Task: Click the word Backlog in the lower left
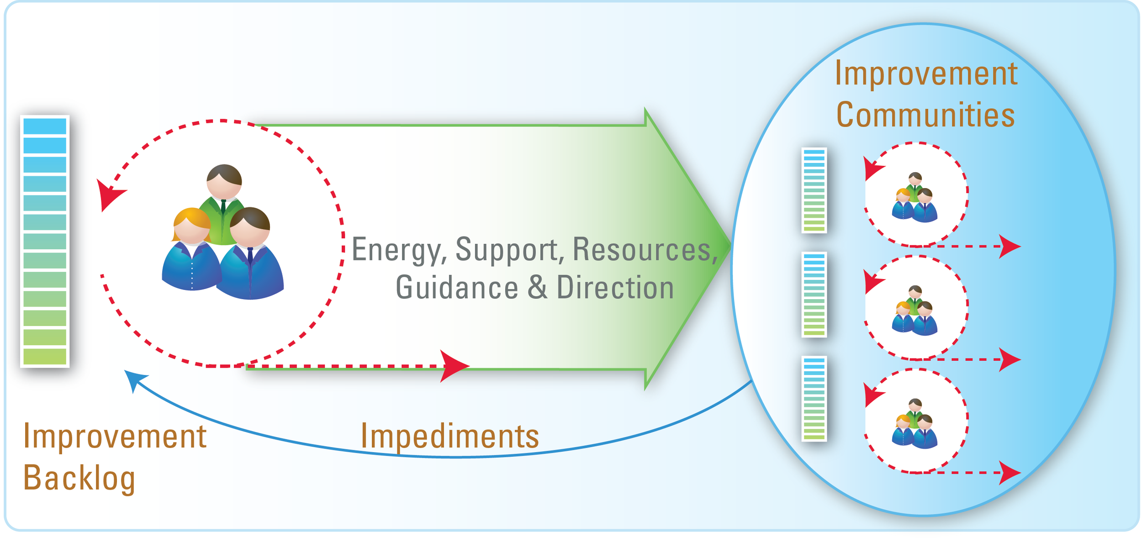click(x=79, y=478)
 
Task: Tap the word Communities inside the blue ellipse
click(x=925, y=115)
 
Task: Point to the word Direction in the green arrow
click(x=615, y=288)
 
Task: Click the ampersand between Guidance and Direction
click(x=537, y=288)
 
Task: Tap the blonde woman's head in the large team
click(x=191, y=226)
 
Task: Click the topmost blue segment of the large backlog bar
click(x=45, y=126)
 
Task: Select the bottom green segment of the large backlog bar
click(x=45, y=356)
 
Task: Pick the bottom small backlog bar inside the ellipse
click(x=814, y=399)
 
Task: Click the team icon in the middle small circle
click(x=915, y=311)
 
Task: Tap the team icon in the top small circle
click(x=915, y=198)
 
